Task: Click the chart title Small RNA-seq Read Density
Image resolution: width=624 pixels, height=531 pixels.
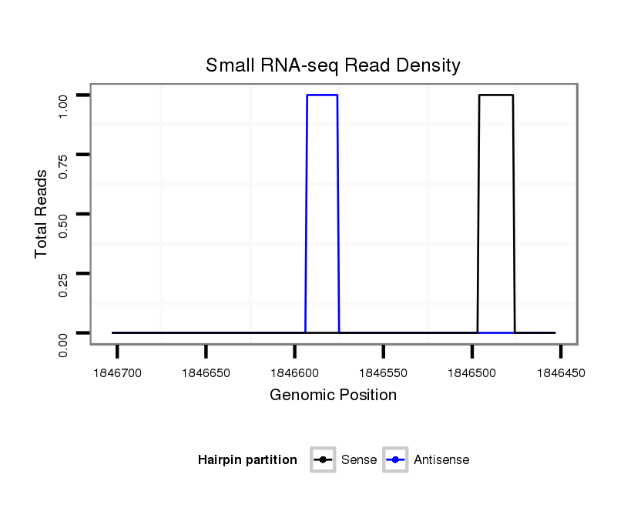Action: coord(333,65)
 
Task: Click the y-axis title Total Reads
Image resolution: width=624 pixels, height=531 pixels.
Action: coord(42,214)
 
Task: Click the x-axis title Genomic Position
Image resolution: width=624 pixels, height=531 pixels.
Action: coord(333,396)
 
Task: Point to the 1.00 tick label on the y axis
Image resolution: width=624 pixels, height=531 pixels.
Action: coord(65,105)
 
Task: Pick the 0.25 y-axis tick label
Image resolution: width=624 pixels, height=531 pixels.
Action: coord(65,284)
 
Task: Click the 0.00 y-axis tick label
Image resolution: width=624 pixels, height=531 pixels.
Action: coord(65,343)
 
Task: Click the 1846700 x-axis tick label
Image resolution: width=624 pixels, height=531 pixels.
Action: coord(117,373)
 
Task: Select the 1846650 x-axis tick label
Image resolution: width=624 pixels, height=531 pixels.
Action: coord(206,373)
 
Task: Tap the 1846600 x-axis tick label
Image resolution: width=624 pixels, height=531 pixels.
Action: coord(294,373)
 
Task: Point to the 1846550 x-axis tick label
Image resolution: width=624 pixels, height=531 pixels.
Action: coord(383,373)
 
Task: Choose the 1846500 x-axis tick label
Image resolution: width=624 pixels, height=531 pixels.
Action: coord(471,373)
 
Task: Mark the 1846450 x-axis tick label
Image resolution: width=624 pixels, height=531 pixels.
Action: coord(560,373)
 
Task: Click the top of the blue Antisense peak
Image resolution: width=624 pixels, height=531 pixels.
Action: coord(322,95)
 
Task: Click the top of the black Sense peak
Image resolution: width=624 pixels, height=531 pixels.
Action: coord(495,95)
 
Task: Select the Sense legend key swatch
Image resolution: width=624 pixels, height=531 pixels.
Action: coord(322,460)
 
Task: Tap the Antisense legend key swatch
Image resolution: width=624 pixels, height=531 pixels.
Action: coord(394,460)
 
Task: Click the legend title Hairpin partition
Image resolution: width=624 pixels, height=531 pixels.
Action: coord(247,460)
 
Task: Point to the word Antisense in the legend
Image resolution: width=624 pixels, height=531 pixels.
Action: coord(441,460)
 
